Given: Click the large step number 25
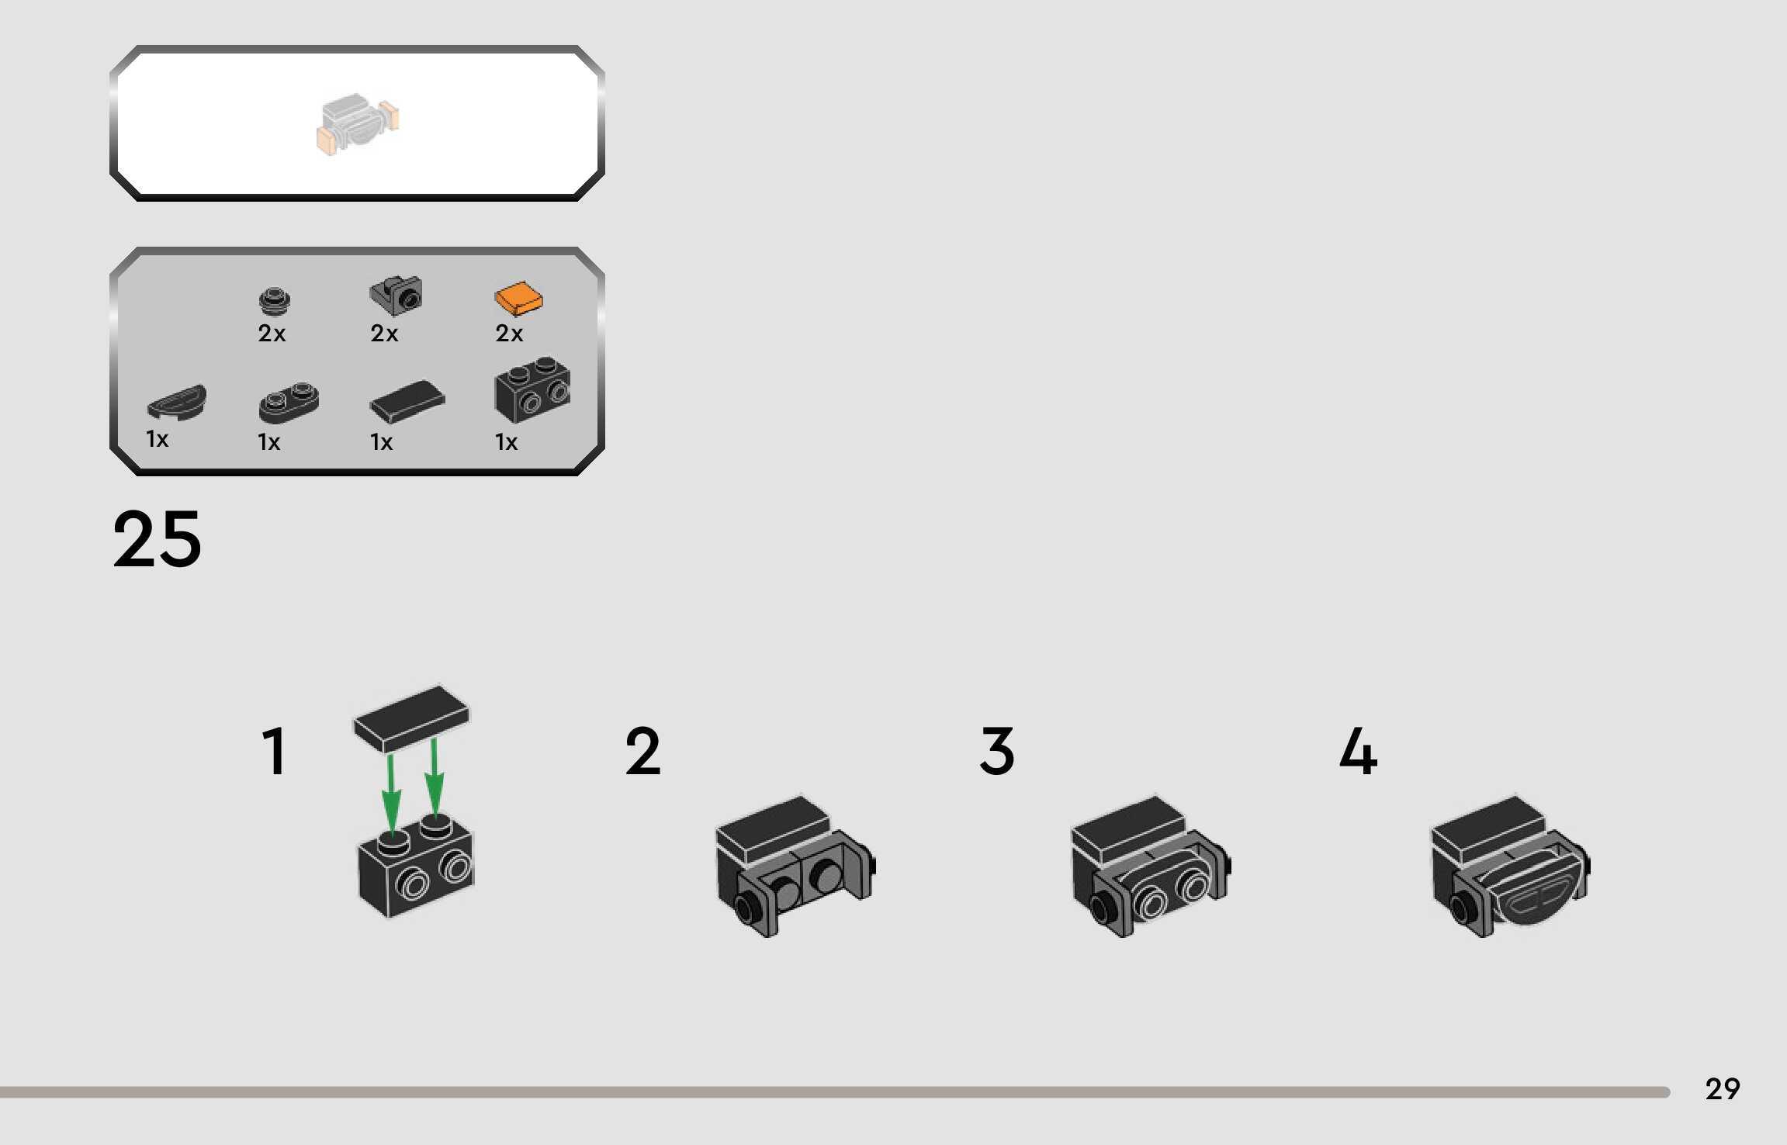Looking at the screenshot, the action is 158,538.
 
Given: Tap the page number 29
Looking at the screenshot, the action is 1722,1089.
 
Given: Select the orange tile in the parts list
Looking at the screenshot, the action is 518,299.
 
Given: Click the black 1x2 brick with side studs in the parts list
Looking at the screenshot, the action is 532,389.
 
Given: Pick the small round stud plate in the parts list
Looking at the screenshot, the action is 274,300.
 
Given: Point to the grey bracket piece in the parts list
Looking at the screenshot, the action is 396,296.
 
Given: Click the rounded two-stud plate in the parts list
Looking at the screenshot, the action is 288,402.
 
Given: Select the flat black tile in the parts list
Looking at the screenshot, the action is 407,401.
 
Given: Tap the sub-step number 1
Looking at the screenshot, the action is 274,751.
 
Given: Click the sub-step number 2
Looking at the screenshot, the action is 642,751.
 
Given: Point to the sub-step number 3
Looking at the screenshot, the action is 997,751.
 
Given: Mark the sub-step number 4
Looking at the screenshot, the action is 1358,751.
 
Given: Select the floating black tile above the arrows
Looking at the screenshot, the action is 411,718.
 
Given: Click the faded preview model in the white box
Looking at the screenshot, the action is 358,124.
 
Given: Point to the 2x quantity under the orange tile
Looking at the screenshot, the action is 509,334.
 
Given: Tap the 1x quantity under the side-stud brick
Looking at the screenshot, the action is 506,442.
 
